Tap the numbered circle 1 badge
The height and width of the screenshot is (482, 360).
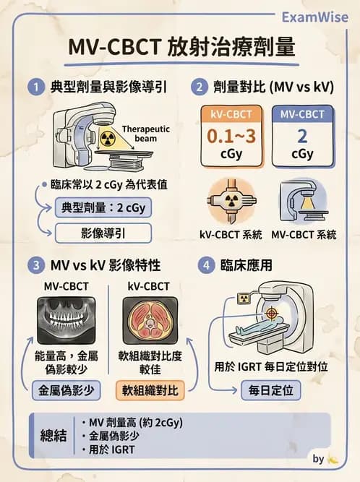33,88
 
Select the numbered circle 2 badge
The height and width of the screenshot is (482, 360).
199,88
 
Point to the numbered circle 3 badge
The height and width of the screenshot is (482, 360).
33,265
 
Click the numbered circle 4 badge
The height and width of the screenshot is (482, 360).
208,265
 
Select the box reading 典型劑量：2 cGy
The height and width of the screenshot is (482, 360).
103,207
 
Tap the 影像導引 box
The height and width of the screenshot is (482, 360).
103,233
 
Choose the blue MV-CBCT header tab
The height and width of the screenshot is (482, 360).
302,113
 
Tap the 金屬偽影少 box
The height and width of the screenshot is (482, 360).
66,390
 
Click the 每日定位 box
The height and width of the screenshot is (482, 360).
267,390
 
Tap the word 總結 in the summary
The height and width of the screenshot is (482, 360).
54,436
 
